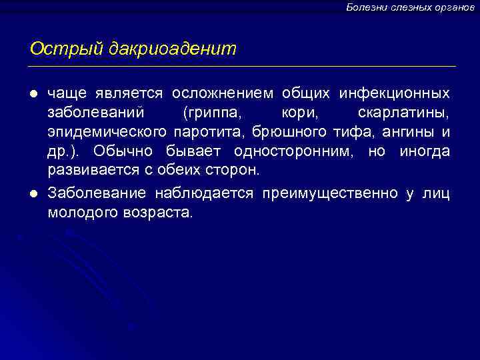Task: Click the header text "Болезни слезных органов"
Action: (x=410, y=7)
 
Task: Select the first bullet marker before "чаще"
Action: (x=34, y=91)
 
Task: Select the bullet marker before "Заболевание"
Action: (x=34, y=194)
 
